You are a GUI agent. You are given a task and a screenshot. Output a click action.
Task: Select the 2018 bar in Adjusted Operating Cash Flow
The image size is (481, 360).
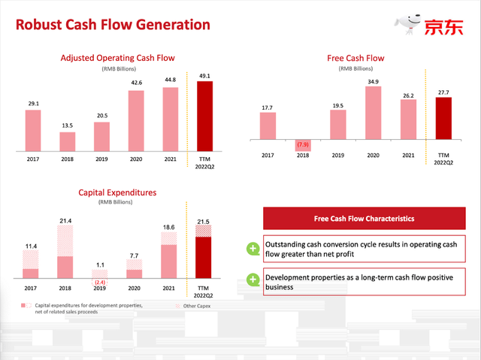(67, 141)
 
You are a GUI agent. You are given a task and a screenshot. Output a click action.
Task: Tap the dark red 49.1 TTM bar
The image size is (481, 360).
(204, 116)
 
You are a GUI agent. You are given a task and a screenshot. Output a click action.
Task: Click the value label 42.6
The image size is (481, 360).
(135, 83)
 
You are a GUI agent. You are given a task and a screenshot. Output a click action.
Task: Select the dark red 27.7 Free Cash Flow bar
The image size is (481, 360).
(443, 119)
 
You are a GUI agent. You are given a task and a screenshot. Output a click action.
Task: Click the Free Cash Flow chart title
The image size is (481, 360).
(355, 58)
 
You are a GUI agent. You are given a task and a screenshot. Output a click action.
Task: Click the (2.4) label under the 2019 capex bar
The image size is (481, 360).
(101, 282)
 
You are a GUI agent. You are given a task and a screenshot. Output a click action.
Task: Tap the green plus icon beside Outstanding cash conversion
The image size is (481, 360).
(253, 249)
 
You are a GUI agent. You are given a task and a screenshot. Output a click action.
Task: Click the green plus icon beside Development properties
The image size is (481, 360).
(253, 281)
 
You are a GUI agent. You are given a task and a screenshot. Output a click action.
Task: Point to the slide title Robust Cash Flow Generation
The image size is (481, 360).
(110, 25)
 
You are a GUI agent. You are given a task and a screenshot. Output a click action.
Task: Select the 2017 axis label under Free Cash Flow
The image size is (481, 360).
(268, 156)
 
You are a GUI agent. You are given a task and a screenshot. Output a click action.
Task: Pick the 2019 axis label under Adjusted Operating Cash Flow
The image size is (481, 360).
(101, 159)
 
